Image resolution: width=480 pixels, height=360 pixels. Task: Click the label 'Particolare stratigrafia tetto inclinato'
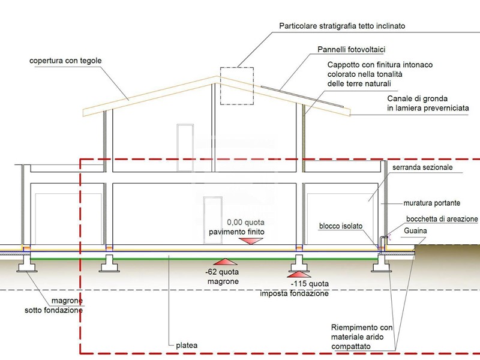(342, 26)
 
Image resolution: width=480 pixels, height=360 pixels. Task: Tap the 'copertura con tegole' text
(67, 61)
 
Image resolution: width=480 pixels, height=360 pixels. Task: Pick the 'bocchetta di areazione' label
(442, 219)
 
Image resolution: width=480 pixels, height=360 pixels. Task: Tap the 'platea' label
(187, 345)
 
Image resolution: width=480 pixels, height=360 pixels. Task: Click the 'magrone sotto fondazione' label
(54, 305)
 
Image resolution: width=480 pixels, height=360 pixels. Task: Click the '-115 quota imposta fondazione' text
(293, 289)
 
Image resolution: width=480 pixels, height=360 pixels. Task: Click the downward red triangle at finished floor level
(250, 240)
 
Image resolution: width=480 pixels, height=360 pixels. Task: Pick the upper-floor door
(185, 143)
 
